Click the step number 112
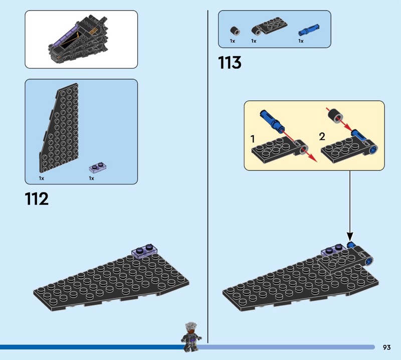click(37, 199)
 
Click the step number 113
click(230, 63)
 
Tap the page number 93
click(386, 347)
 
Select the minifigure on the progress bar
click(192, 336)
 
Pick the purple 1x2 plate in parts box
click(97, 167)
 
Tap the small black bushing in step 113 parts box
click(235, 31)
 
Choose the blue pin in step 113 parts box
click(309, 30)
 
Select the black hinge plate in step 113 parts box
click(269, 27)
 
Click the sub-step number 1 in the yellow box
click(253, 139)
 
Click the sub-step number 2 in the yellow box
click(322, 136)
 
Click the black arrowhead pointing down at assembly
click(350, 236)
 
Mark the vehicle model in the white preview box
click(78, 39)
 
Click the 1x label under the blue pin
click(301, 41)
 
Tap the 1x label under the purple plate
click(91, 178)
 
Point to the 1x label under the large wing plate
click(42, 178)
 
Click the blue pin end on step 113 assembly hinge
click(369, 261)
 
